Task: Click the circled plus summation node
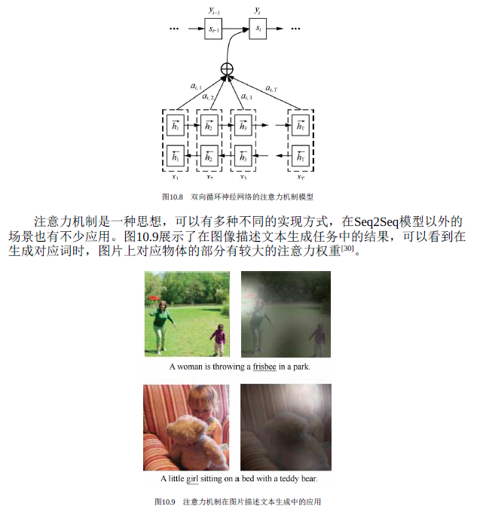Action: click(227, 69)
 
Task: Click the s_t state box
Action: click(258, 29)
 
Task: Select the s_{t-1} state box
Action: click(213, 29)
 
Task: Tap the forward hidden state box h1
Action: click(176, 125)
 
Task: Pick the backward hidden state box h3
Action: click(243, 156)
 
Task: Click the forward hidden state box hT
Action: click(301, 125)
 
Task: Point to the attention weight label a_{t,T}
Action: click(271, 88)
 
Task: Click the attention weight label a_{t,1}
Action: click(196, 86)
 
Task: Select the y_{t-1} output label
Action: click(214, 11)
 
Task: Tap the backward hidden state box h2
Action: click(209, 156)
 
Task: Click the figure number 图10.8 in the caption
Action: click(173, 197)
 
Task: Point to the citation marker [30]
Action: click(347, 248)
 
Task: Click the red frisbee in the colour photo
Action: click(154, 298)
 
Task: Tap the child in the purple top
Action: click(219, 340)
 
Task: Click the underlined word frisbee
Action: click(264, 367)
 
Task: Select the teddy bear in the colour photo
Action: click(194, 440)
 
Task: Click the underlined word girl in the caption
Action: click(192, 479)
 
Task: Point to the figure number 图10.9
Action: click(165, 502)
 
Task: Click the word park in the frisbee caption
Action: click(301, 367)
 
